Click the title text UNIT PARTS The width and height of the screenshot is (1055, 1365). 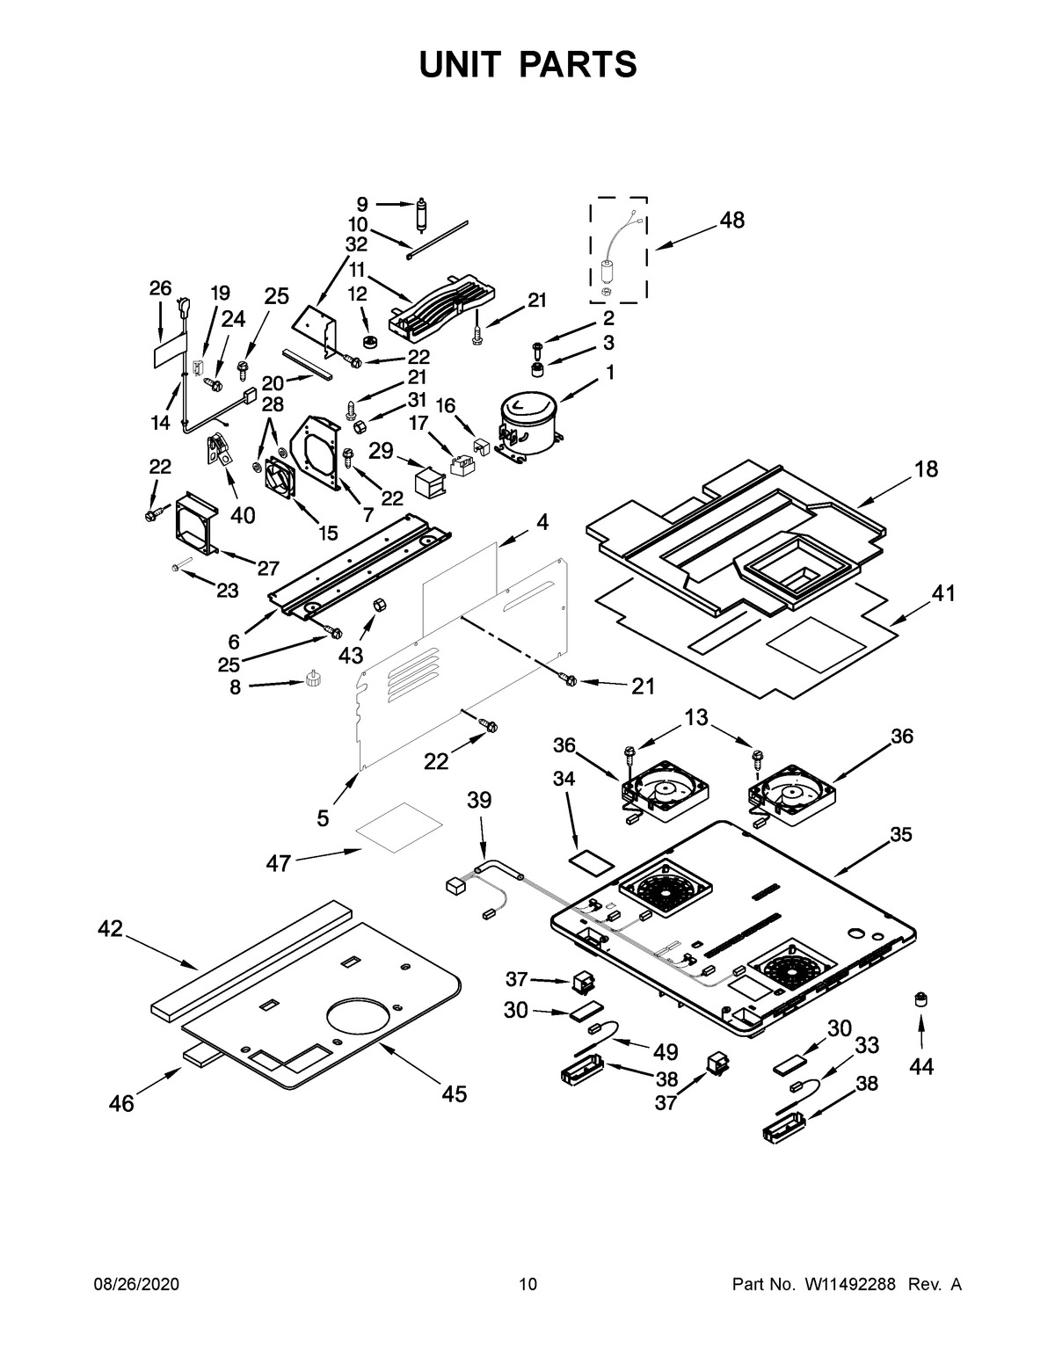pyautogui.click(x=527, y=64)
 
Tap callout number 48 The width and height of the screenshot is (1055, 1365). pyautogui.click(x=731, y=220)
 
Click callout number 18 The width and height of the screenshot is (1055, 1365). pyautogui.click(x=926, y=469)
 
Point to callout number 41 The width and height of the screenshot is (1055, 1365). pyautogui.click(x=942, y=593)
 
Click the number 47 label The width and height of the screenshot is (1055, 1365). pyautogui.click(x=279, y=864)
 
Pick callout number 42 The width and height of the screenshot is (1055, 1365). pyautogui.click(x=110, y=928)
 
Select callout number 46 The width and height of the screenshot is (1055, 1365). pyautogui.click(x=121, y=1103)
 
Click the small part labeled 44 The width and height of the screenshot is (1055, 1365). pyautogui.click(x=921, y=998)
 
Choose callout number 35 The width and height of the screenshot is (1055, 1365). pyautogui.click(x=900, y=834)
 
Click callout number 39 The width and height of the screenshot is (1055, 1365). pyautogui.click(x=479, y=800)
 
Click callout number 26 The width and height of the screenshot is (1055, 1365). pyautogui.click(x=159, y=287)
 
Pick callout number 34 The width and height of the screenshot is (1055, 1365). pyautogui.click(x=563, y=779)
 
